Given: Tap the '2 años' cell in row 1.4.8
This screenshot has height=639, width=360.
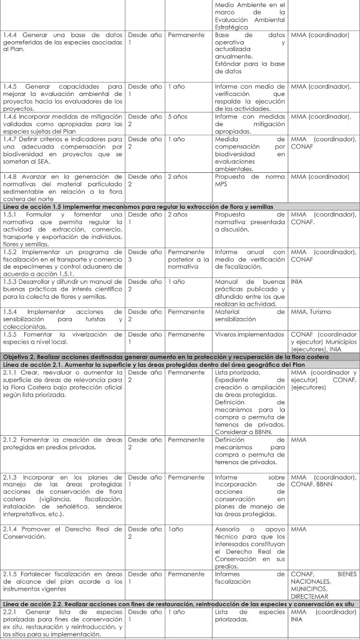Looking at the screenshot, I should coord(178,177).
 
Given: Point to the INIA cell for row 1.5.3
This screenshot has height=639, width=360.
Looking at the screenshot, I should coord(297,268).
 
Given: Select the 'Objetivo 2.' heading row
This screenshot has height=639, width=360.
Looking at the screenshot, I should coord(180,341).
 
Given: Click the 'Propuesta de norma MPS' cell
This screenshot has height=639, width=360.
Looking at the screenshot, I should coord(250,180).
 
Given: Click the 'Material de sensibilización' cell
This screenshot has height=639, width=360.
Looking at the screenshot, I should coord(250,301).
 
